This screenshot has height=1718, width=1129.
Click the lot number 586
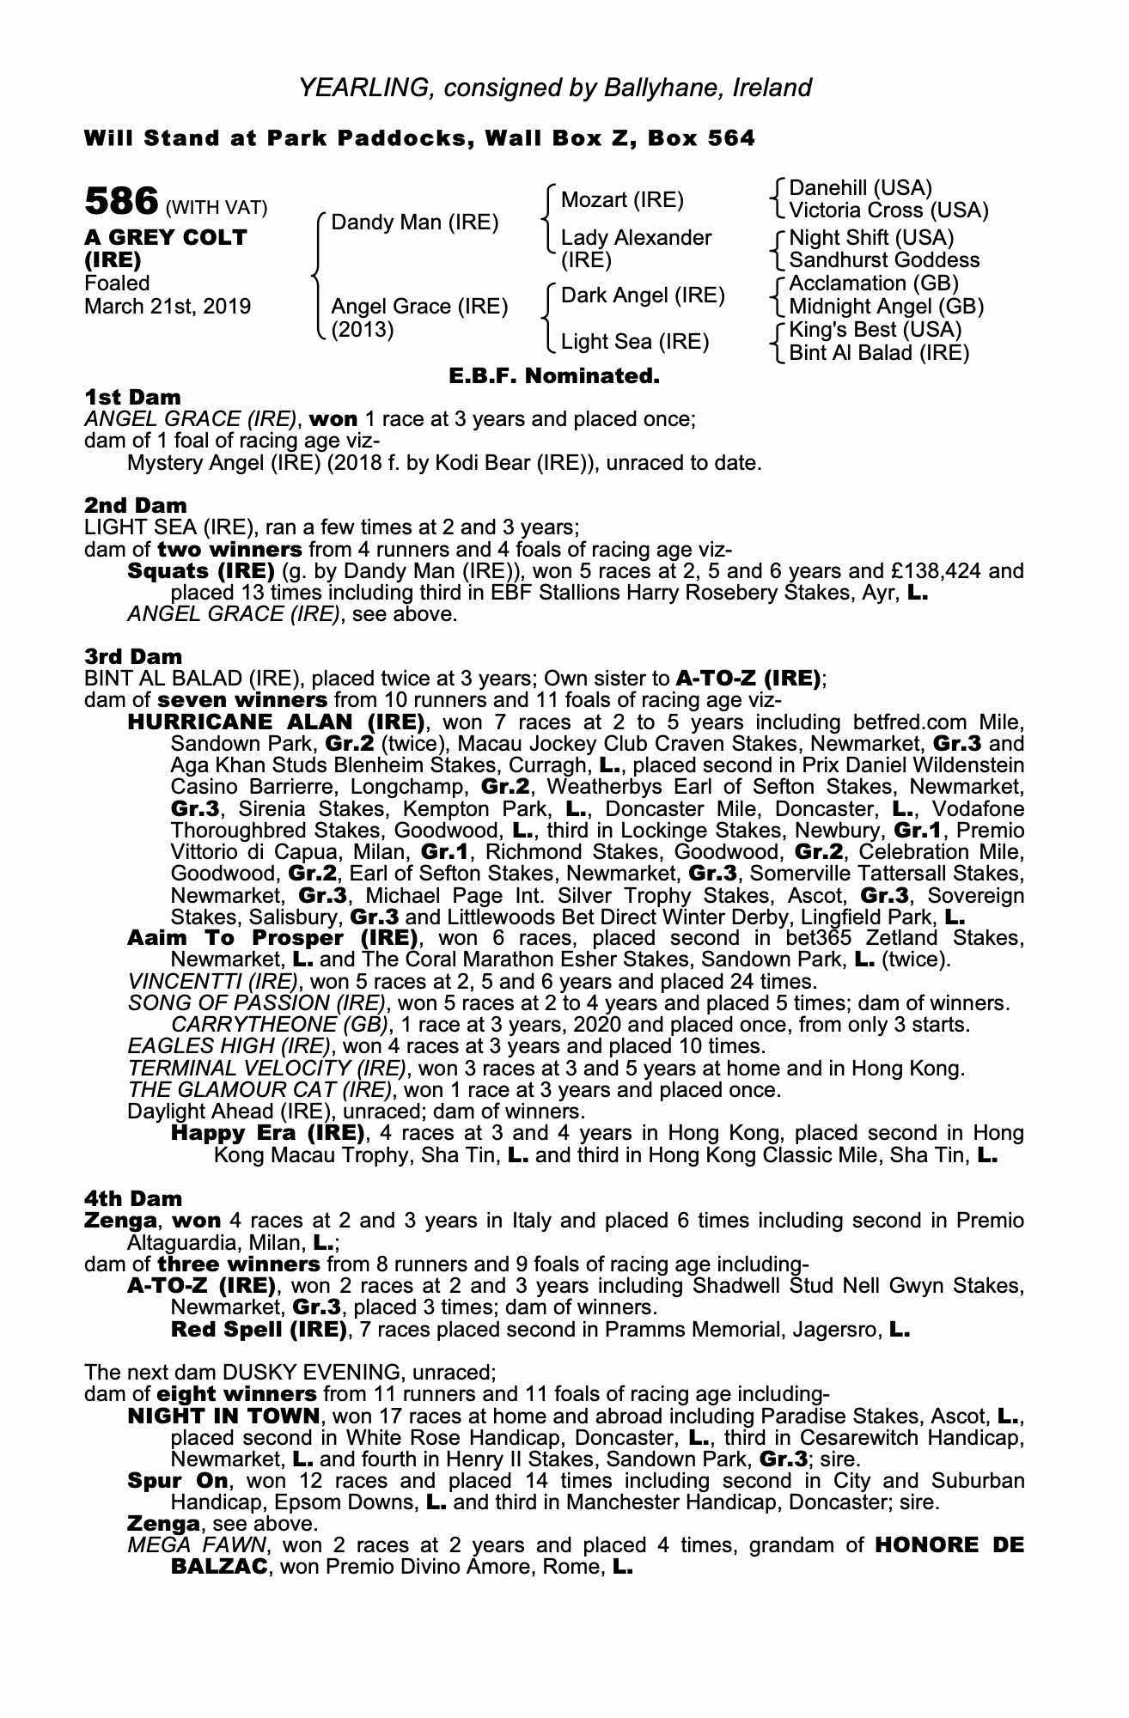pyautogui.click(x=121, y=203)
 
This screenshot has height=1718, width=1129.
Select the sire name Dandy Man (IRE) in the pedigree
pyautogui.click(x=414, y=222)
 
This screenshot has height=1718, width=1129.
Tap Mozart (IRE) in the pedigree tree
pyautogui.click(x=622, y=200)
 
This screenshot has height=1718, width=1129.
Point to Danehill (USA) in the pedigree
pyautogui.click(x=860, y=188)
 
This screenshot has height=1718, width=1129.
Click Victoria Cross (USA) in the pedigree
pyautogui.click(x=888, y=210)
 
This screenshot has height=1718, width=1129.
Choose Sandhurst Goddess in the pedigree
pyautogui.click(x=884, y=260)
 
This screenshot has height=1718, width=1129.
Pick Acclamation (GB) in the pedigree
pyautogui.click(x=874, y=283)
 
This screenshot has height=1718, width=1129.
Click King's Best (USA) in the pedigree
pyautogui.click(x=876, y=330)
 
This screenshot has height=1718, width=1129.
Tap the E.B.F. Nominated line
pyautogui.click(x=554, y=376)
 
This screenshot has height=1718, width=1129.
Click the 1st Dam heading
pyautogui.click(x=132, y=397)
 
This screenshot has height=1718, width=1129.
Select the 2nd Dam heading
pyautogui.click(x=135, y=505)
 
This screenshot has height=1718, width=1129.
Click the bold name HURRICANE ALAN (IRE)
pyautogui.click(x=276, y=722)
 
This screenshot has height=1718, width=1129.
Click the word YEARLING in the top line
pyautogui.click(x=363, y=88)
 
